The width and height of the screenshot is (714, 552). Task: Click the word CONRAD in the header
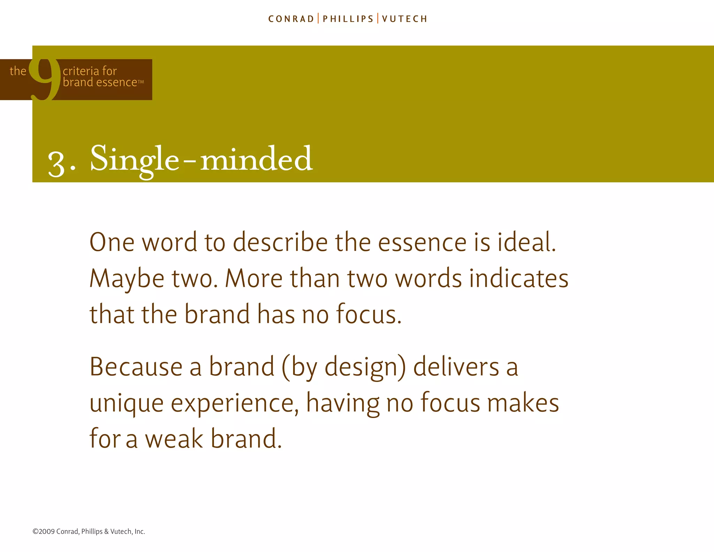291,19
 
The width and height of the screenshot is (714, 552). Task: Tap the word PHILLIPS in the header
348,19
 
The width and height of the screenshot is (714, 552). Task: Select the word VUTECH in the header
404,19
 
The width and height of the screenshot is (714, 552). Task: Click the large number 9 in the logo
45,79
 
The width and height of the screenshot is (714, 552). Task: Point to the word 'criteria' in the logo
82,71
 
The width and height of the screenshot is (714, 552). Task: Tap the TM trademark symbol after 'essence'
141,82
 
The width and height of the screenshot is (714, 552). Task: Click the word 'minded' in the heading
256,159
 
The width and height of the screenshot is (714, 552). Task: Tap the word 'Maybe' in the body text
127,279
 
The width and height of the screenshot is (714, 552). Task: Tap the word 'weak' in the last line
174,439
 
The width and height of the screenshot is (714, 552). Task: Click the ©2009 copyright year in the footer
44,531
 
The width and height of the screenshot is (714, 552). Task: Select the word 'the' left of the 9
18,71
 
